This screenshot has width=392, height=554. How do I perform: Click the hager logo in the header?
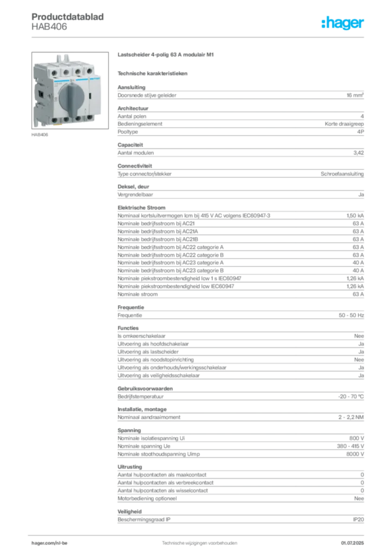(x=343, y=23)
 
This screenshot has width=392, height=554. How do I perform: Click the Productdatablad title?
(x=68, y=17)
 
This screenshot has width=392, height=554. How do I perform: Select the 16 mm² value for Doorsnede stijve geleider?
(x=355, y=95)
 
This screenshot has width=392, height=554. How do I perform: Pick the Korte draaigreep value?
(x=344, y=124)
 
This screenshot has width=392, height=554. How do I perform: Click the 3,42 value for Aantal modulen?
(x=358, y=153)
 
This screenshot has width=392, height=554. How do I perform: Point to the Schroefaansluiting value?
(x=342, y=174)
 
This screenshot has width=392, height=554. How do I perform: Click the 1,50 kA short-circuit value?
(x=355, y=215)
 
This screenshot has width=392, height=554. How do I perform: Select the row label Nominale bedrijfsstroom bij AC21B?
(x=158, y=240)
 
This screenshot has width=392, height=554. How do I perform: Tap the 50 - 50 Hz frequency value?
(x=351, y=315)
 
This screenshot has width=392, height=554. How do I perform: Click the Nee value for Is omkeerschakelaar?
(x=359, y=336)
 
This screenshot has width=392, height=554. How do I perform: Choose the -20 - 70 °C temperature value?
(x=351, y=397)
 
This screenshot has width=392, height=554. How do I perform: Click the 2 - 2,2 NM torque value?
(x=351, y=417)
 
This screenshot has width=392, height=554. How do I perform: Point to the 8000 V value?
(x=355, y=454)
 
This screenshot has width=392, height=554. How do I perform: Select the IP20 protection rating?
(x=358, y=520)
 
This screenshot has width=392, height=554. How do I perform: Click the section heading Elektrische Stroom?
(x=141, y=208)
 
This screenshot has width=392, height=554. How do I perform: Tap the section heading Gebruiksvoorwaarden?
(x=145, y=388)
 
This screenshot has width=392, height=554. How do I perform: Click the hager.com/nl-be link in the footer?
(x=49, y=543)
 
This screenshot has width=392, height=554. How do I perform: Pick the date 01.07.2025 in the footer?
(x=352, y=543)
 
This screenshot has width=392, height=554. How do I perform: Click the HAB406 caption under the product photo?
(x=40, y=135)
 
